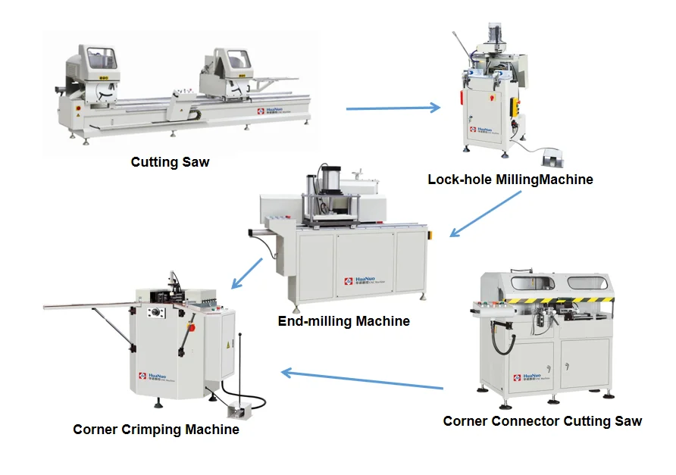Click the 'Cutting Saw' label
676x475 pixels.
click(170, 162)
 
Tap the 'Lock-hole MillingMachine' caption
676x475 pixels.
click(510, 180)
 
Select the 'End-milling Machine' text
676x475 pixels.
click(344, 321)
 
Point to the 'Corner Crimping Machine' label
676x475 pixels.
click(156, 430)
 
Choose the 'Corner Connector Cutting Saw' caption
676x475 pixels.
click(543, 421)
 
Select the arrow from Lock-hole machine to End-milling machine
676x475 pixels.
click(486, 214)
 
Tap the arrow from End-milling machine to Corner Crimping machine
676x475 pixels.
click(247, 273)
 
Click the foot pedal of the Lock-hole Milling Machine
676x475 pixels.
click(551, 158)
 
